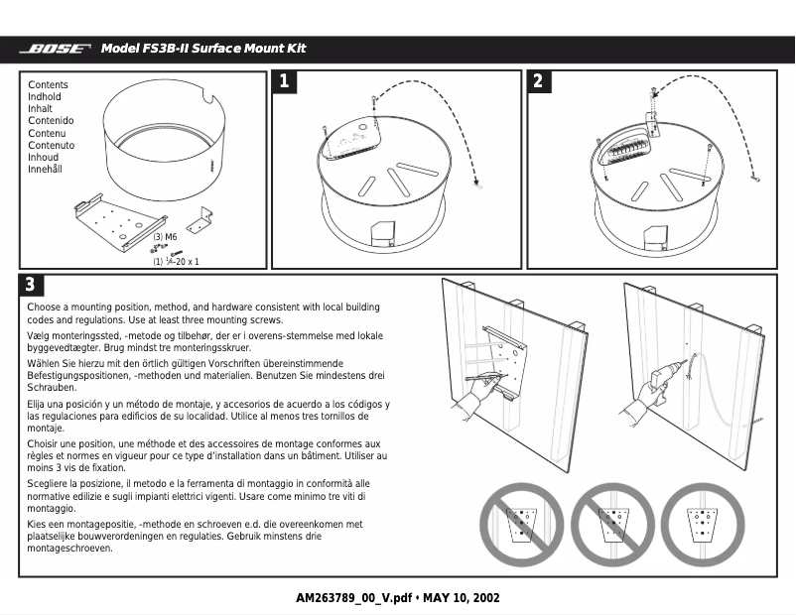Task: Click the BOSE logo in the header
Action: point(57,49)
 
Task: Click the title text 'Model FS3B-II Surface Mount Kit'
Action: point(204,49)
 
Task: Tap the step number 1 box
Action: point(285,82)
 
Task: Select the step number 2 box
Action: point(539,82)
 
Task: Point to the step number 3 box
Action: point(31,286)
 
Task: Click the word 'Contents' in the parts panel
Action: point(48,85)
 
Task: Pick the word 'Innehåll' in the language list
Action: point(45,169)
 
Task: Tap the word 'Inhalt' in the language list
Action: point(41,109)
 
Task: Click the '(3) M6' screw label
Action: point(165,238)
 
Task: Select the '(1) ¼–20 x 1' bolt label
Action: point(176,262)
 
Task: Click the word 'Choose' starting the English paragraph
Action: point(44,308)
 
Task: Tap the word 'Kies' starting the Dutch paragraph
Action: point(37,524)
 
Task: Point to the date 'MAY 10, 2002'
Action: point(462,598)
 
